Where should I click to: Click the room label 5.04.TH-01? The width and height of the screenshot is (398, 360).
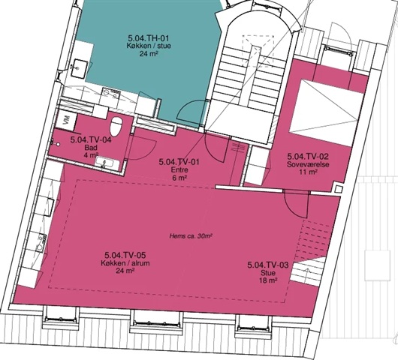point(149,38)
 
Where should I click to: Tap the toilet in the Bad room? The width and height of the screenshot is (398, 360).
point(116,127)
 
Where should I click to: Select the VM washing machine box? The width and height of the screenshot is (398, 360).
point(66,120)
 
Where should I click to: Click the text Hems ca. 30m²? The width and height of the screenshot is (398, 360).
point(191,236)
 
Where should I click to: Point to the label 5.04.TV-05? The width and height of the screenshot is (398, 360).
point(125,255)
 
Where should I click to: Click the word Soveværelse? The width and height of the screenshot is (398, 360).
point(308,164)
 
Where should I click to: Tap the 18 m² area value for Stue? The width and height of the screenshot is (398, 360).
point(268,280)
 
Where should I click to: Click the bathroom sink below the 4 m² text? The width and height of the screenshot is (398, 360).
point(107,163)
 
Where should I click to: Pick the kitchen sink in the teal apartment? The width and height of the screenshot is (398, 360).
point(80,68)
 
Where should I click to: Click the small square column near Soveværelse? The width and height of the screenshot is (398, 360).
point(338,189)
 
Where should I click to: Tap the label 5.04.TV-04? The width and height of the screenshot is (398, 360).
point(91,140)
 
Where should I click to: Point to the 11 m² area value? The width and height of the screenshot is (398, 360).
point(308,172)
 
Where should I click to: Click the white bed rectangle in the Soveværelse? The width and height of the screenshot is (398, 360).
point(326,112)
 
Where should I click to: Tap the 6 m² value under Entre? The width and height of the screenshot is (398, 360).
point(179,178)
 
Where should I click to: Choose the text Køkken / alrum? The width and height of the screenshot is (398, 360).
point(125,263)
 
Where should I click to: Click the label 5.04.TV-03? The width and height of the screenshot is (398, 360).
point(268,265)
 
